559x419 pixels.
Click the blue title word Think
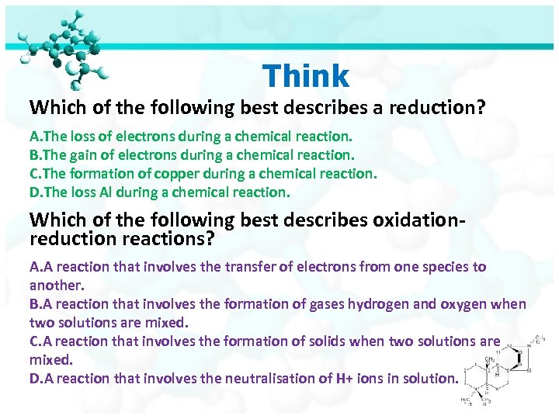pyautogui.click(x=306, y=76)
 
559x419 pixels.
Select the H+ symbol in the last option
pyautogui.click(x=346, y=379)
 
